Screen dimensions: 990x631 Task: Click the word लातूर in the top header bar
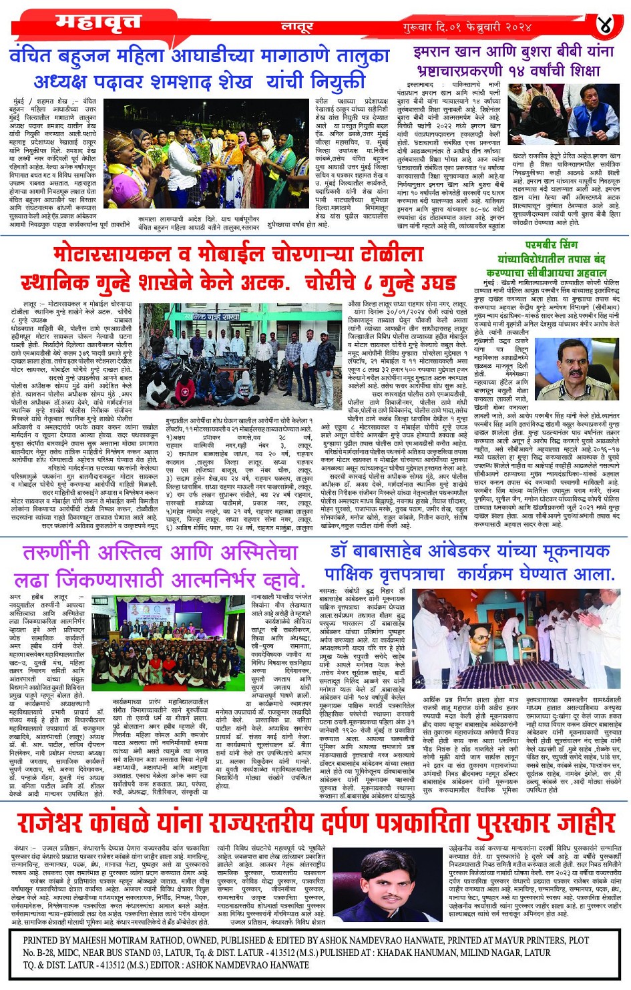(296, 27)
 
